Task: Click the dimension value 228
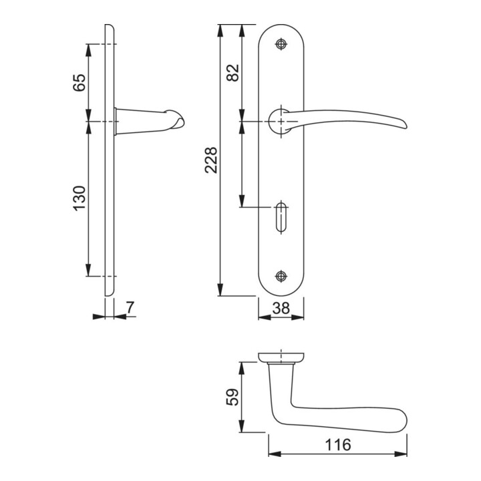[211, 160]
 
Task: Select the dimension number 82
[232, 73]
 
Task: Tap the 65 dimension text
[79, 83]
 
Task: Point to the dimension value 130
[79, 198]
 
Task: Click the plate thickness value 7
[130, 308]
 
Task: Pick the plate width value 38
[281, 308]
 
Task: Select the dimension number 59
[232, 397]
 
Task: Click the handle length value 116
[338, 445]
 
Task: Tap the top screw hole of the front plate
[281, 45]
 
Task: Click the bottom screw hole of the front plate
[281, 276]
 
